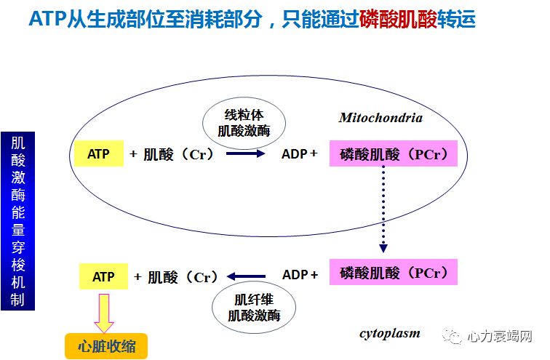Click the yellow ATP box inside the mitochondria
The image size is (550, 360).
point(98,154)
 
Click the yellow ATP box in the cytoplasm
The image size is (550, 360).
point(103,277)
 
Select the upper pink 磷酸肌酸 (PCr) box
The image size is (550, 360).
point(393,154)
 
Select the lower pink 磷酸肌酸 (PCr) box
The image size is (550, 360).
point(393,274)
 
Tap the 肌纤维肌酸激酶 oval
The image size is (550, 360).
point(252,308)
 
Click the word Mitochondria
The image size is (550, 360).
point(380,118)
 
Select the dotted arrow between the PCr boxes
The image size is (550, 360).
point(383,211)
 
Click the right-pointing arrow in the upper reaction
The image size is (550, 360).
point(245,154)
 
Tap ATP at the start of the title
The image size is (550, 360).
point(46,20)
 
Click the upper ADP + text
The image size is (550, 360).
point(300,154)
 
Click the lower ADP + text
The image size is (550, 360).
point(300,275)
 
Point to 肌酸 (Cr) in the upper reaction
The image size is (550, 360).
point(179,154)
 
